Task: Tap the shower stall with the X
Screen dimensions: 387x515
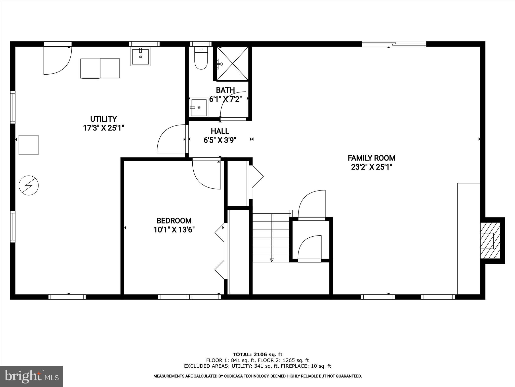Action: pyautogui.click(x=233, y=64)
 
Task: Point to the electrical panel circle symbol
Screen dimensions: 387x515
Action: pyautogui.click(x=29, y=185)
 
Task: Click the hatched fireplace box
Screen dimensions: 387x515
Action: pyautogui.click(x=489, y=241)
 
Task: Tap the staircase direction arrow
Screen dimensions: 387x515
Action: pyautogui.click(x=271, y=260)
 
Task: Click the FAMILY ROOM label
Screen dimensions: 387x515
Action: pyautogui.click(x=371, y=158)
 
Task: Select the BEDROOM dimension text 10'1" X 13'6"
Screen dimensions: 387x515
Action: pyautogui.click(x=174, y=230)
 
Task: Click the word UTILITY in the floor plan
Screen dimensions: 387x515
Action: pyautogui.click(x=103, y=119)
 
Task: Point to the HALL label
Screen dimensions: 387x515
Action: pyautogui.click(x=220, y=131)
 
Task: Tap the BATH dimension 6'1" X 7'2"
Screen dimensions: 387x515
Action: pyautogui.click(x=225, y=99)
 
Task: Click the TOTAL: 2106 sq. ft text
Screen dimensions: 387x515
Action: pyautogui.click(x=257, y=355)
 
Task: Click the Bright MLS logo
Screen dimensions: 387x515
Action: pyautogui.click(x=31, y=376)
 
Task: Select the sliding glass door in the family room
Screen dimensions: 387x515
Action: pyautogui.click(x=394, y=44)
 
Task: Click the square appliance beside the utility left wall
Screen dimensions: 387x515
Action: pyautogui.click(x=29, y=145)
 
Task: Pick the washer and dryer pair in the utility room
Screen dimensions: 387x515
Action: pyautogui.click(x=100, y=69)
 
